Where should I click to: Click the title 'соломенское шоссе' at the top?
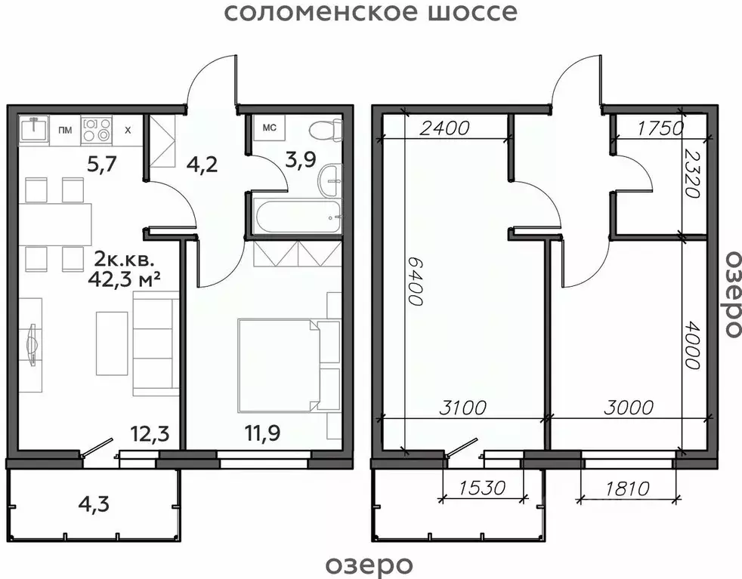[371, 13]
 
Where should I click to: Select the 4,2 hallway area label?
[202, 164]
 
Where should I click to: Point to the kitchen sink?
[34, 129]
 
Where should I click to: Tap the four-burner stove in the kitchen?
[96, 129]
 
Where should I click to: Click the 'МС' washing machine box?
[269, 128]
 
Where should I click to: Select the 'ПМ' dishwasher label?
[66, 130]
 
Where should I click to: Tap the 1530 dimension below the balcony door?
[481, 488]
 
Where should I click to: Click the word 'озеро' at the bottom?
[369, 564]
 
